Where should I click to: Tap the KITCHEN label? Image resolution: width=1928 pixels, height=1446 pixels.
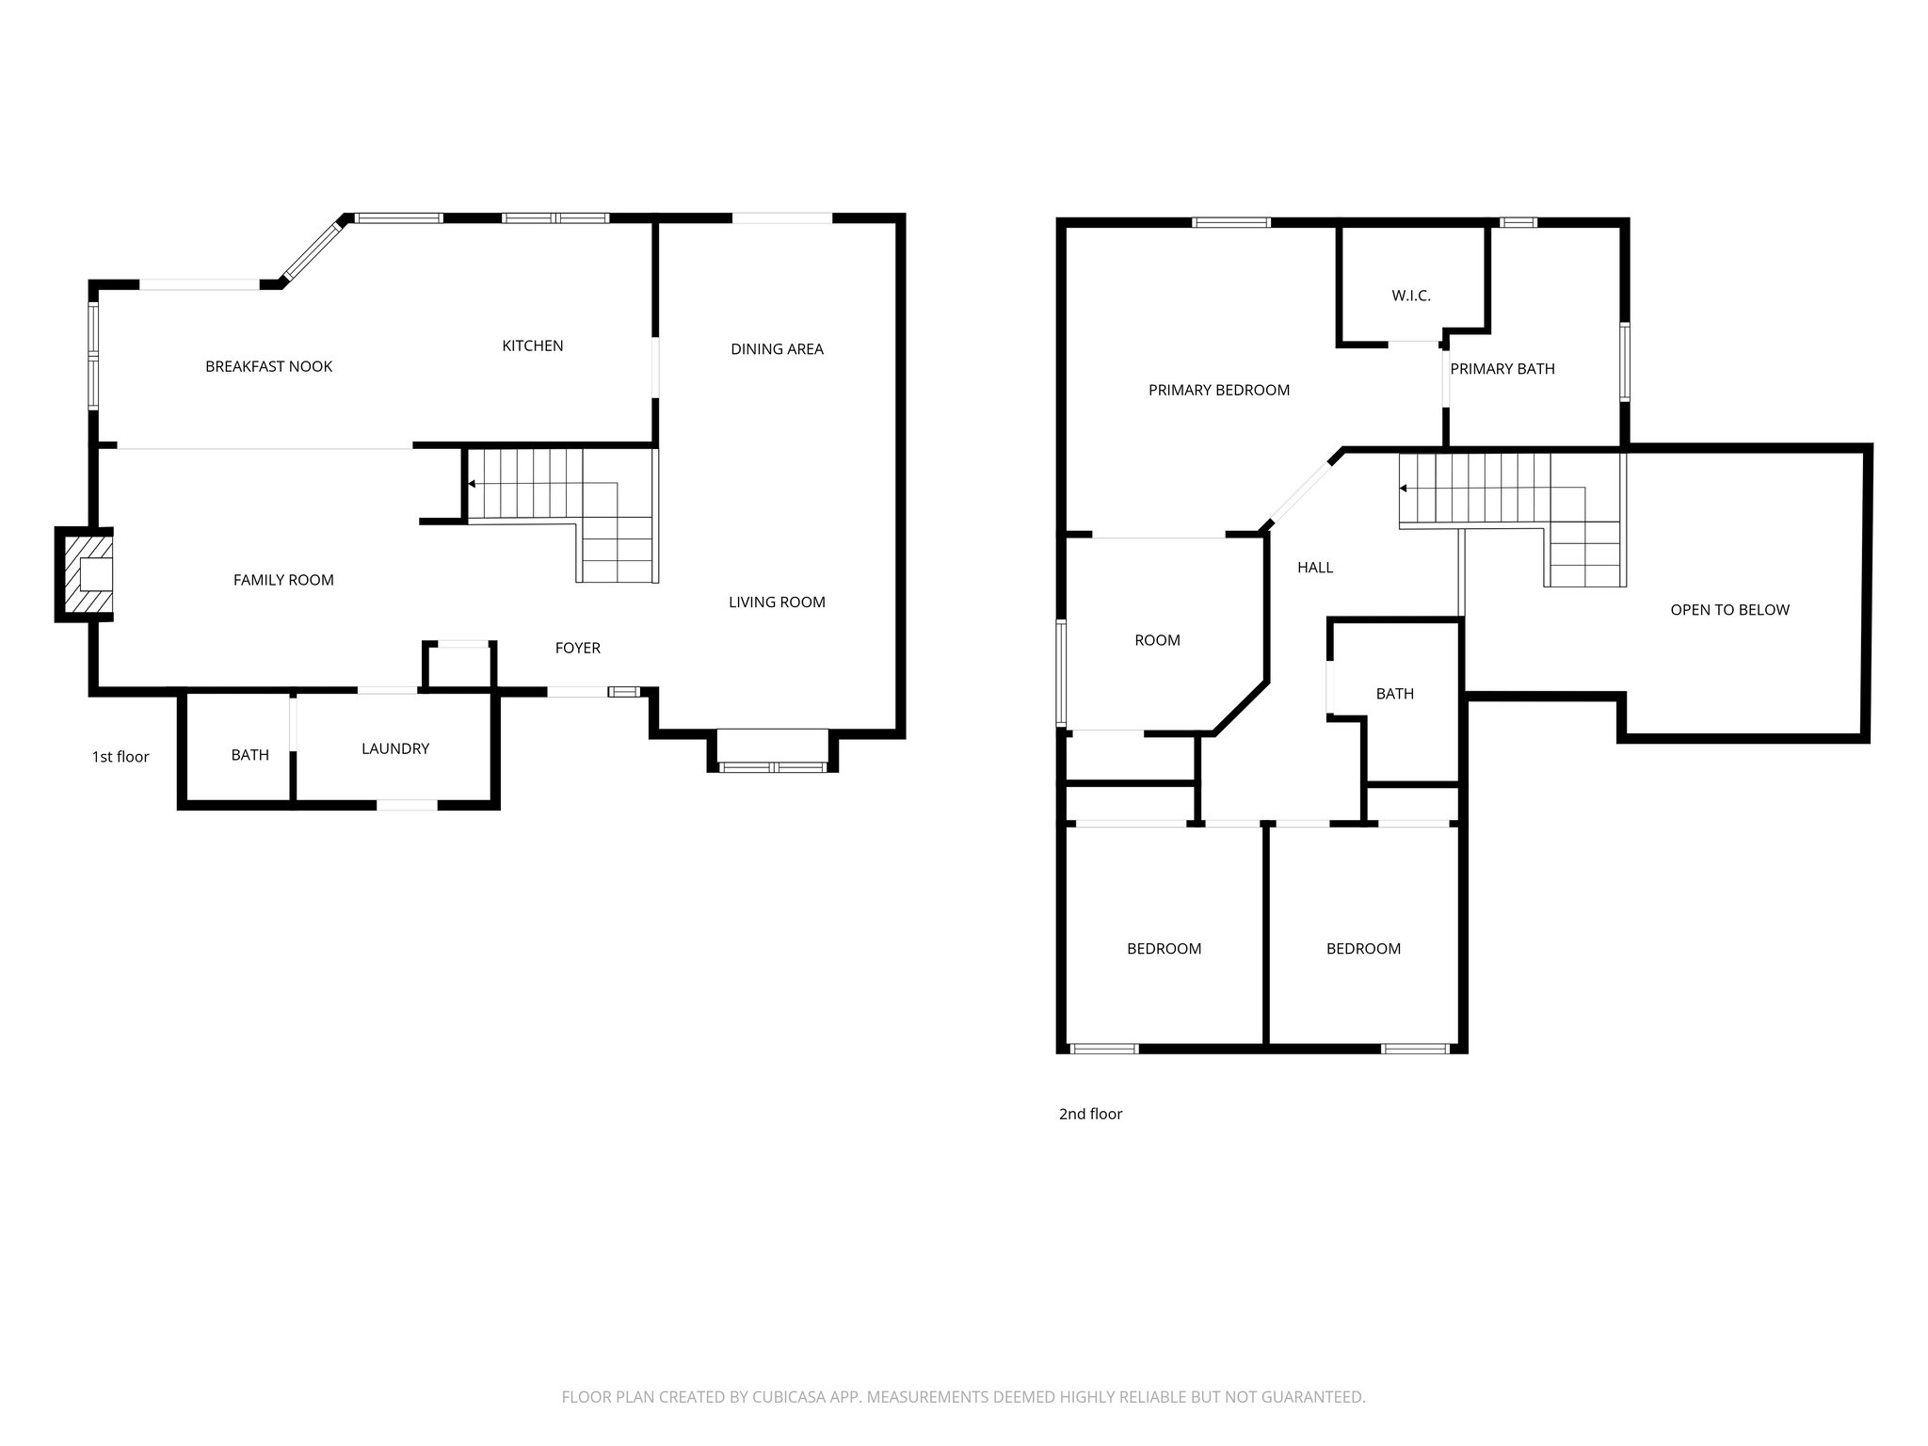532,345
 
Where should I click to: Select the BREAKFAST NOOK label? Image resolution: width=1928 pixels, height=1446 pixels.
268,366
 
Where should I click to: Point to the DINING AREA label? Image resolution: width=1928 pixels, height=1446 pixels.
777,349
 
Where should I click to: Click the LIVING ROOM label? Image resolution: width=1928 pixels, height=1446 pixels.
777,602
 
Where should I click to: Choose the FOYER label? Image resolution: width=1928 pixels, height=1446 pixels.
577,648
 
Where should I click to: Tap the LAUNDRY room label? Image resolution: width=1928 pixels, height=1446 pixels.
395,748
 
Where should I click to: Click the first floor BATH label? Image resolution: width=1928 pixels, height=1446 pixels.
249,755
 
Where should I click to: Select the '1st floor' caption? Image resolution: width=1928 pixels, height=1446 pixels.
120,757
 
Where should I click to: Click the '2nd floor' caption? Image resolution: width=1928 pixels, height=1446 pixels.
1090,1114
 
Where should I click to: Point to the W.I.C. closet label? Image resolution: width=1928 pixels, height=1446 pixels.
1410,296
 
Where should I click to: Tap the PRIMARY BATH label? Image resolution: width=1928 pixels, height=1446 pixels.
1502,369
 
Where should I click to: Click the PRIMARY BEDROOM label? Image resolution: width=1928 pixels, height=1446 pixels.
1218,390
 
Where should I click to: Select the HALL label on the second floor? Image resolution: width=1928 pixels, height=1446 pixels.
1314,567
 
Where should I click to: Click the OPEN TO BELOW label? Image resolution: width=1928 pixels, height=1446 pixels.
1729,609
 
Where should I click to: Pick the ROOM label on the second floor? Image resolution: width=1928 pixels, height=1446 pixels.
1157,640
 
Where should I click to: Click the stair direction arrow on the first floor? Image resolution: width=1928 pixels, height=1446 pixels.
471,485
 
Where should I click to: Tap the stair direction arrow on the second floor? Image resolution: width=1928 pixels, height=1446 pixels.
1403,489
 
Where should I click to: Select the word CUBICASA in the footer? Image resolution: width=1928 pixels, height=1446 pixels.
789,1397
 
